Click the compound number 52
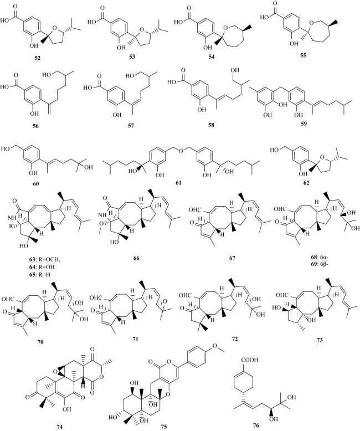(x=37, y=58)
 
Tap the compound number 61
(x=178, y=182)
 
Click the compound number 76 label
(x=256, y=425)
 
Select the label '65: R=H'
(x=40, y=274)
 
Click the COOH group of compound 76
(x=250, y=360)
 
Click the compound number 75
(x=164, y=427)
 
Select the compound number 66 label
(x=136, y=258)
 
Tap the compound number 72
(x=234, y=339)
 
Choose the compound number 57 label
(x=131, y=126)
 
